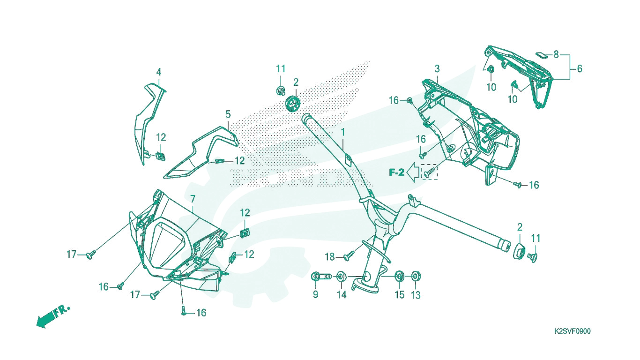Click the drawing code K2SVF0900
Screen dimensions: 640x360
point(573,331)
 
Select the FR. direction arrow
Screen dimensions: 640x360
point(53,316)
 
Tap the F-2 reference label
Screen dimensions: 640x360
point(396,172)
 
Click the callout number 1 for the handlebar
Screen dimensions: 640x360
point(343,132)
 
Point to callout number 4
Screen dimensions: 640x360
point(159,72)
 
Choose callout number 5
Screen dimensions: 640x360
point(228,114)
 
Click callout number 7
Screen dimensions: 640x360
point(193,199)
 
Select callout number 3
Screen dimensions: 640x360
point(437,68)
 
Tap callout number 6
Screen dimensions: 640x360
point(580,68)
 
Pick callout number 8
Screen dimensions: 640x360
point(556,54)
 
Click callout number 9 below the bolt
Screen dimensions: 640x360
point(315,294)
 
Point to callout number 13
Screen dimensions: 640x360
point(416,295)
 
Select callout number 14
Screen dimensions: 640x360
point(342,294)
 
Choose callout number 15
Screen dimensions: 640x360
point(400,294)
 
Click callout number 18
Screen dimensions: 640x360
point(330,257)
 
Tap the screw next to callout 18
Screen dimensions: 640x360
point(349,255)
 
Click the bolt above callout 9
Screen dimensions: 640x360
point(321,277)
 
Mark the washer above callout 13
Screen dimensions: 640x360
point(416,277)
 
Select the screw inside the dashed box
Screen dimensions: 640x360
point(429,172)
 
